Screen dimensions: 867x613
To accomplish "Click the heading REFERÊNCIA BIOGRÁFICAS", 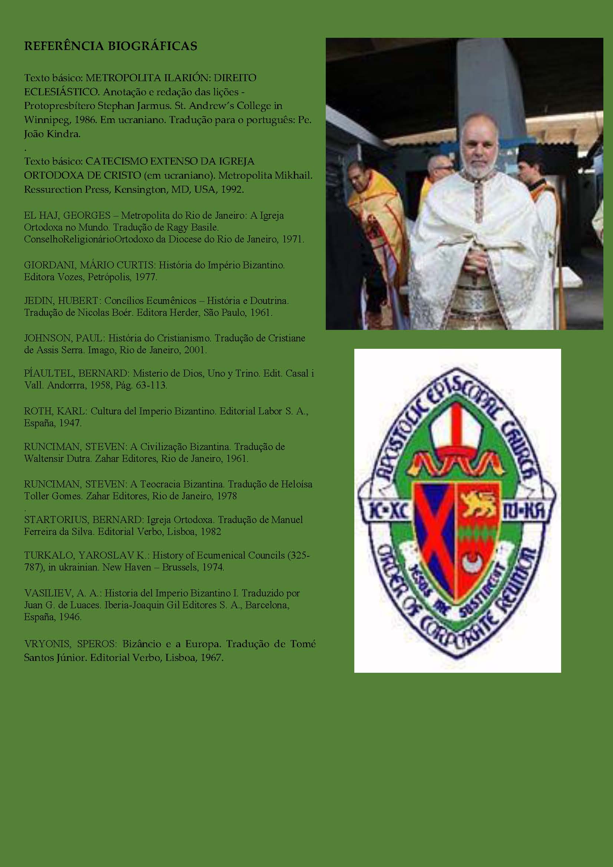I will (x=110, y=46).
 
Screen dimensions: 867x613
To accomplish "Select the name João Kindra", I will (x=52, y=134).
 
